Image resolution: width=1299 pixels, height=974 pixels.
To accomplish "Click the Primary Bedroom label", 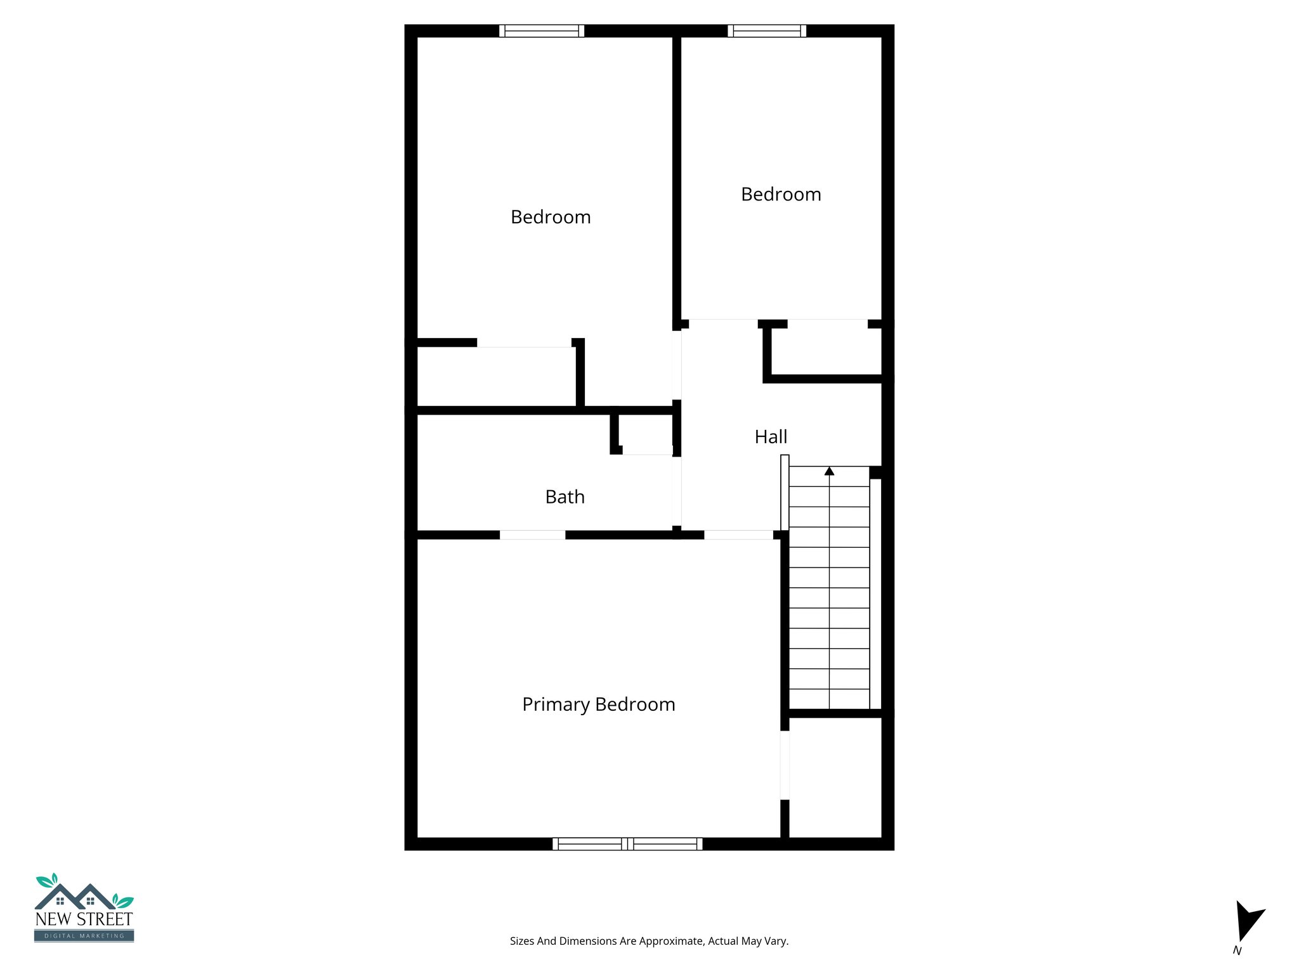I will coord(598,705).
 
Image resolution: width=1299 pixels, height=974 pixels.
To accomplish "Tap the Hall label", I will coord(771,437).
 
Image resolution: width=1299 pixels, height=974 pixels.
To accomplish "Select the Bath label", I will coord(565,497).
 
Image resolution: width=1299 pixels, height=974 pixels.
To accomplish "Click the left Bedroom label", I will coord(551,217).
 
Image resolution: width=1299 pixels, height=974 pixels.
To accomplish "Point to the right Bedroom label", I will coord(781,194).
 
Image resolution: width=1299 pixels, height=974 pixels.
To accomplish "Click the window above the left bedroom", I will coord(542,30).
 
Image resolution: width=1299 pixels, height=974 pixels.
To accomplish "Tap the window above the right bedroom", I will coord(767,30).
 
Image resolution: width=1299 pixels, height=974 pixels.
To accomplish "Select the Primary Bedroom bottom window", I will coord(627,843).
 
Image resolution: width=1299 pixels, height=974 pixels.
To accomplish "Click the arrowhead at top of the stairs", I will coord(829,471).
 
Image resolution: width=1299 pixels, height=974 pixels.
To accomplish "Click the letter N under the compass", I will coord(1237,951).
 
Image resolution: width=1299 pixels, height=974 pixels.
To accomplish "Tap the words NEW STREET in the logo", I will coord(84,919).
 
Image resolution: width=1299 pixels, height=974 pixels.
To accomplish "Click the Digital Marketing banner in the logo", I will coord(84,936).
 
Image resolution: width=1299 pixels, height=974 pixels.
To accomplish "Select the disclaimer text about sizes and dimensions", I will coord(649,941).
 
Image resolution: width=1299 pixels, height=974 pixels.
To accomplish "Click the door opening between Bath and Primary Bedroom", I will coord(532,535).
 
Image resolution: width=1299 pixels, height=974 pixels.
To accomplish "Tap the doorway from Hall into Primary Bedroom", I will coord(738,535).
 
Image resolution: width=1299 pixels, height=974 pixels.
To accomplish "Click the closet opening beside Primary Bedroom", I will coord(785,765).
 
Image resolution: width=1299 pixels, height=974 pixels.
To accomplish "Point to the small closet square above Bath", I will coord(646,434).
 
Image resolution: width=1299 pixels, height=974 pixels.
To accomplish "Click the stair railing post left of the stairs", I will coord(785,492).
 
